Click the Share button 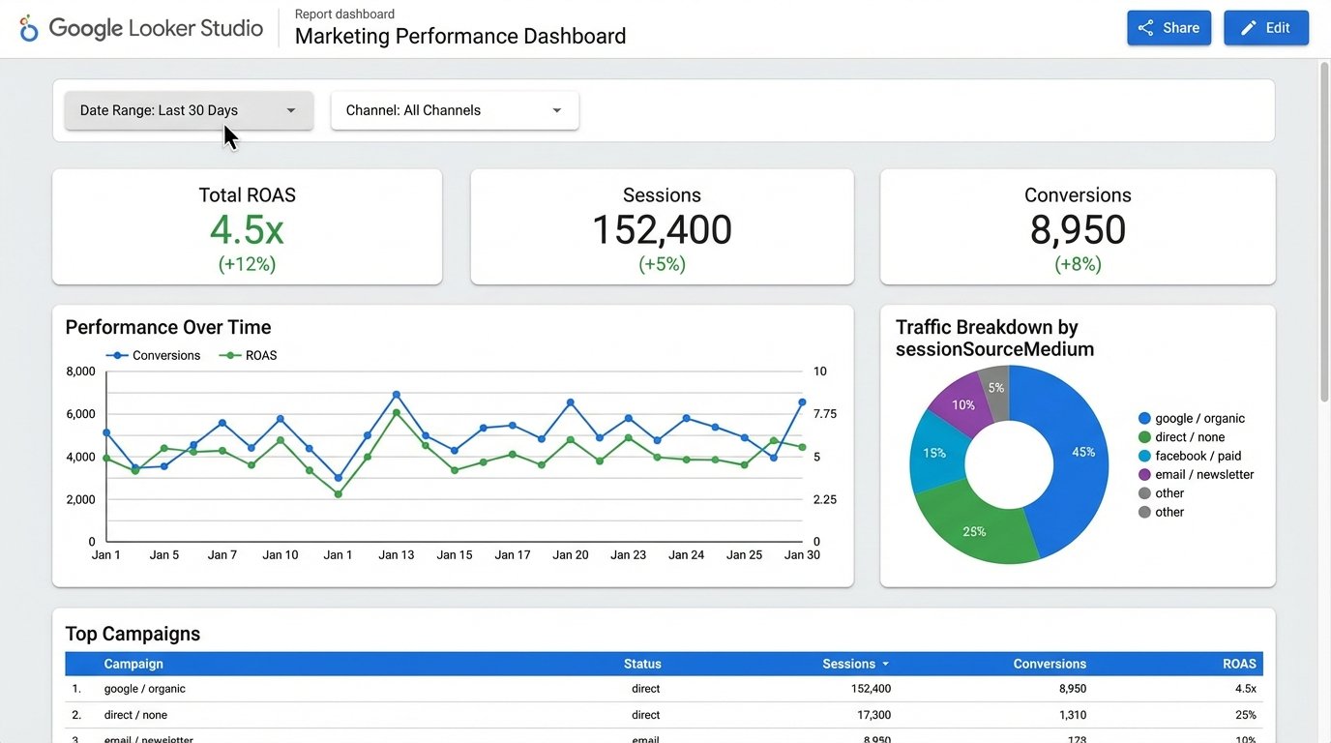point(1168,28)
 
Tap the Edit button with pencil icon point(1265,28)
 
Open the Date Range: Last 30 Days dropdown point(189,110)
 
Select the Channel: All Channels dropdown point(455,110)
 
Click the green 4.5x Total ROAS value point(247,230)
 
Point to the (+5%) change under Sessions point(662,264)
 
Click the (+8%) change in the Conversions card point(1078,264)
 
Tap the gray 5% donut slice point(995,387)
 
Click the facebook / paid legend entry point(1198,456)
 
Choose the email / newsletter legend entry point(1203,475)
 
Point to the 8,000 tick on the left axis point(80,371)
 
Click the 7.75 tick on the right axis point(825,414)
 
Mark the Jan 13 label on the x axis point(396,555)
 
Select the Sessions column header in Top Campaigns point(849,664)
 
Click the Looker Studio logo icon point(29,28)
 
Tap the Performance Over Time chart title point(168,327)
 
